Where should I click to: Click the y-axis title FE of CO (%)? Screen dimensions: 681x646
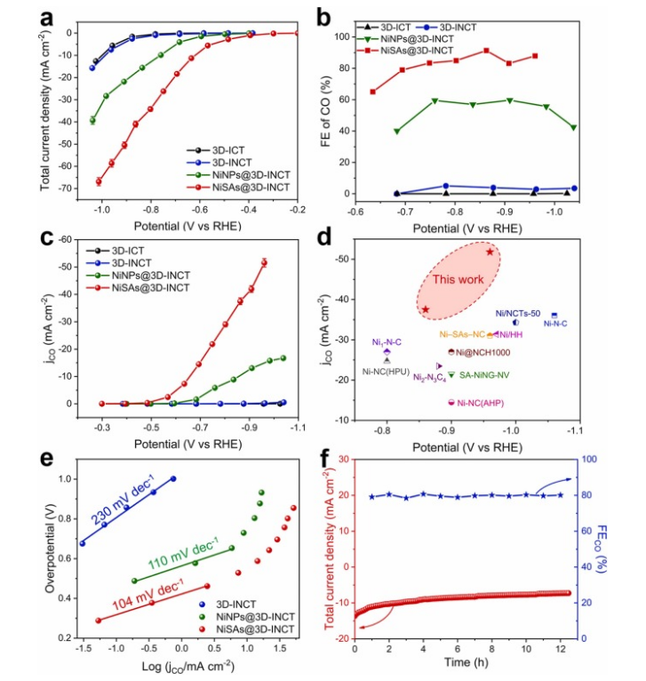[339, 109]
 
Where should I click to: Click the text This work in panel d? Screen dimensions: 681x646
[454, 279]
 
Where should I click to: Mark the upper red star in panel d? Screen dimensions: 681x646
[490, 252]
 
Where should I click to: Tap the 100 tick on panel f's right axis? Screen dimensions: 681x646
[590, 459]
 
